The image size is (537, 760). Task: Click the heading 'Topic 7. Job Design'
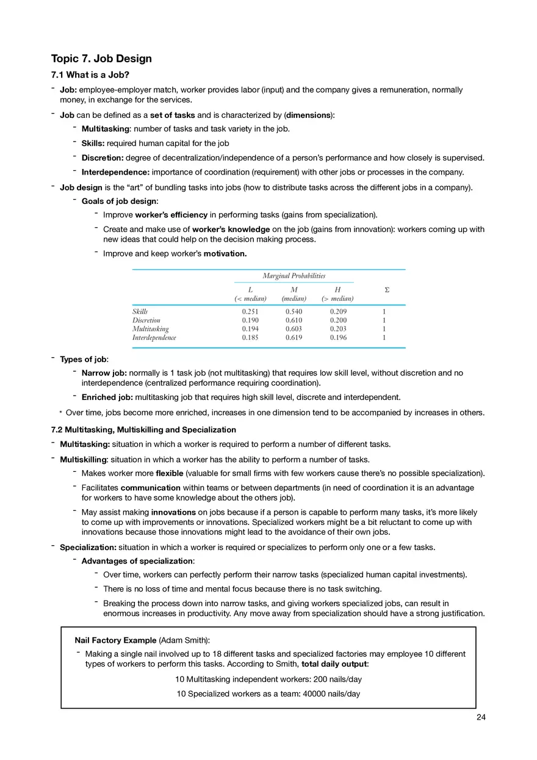coord(101,59)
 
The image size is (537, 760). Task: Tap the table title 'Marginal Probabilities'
coord(294,276)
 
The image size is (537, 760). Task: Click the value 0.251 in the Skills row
coord(250,311)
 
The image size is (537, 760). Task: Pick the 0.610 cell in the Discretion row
coord(294,320)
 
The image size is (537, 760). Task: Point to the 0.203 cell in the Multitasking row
coord(338,328)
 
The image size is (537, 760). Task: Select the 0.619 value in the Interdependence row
coord(294,337)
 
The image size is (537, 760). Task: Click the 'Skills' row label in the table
coord(140,311)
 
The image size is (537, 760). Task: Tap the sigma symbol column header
coord(383,289)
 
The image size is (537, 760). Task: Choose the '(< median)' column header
coord(250,299)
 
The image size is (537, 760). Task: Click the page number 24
coord(481,717)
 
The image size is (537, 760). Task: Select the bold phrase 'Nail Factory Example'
coord(115,640)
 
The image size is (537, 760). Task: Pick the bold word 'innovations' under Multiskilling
coord(173,512)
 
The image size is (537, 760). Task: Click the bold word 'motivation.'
coord(225,253)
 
